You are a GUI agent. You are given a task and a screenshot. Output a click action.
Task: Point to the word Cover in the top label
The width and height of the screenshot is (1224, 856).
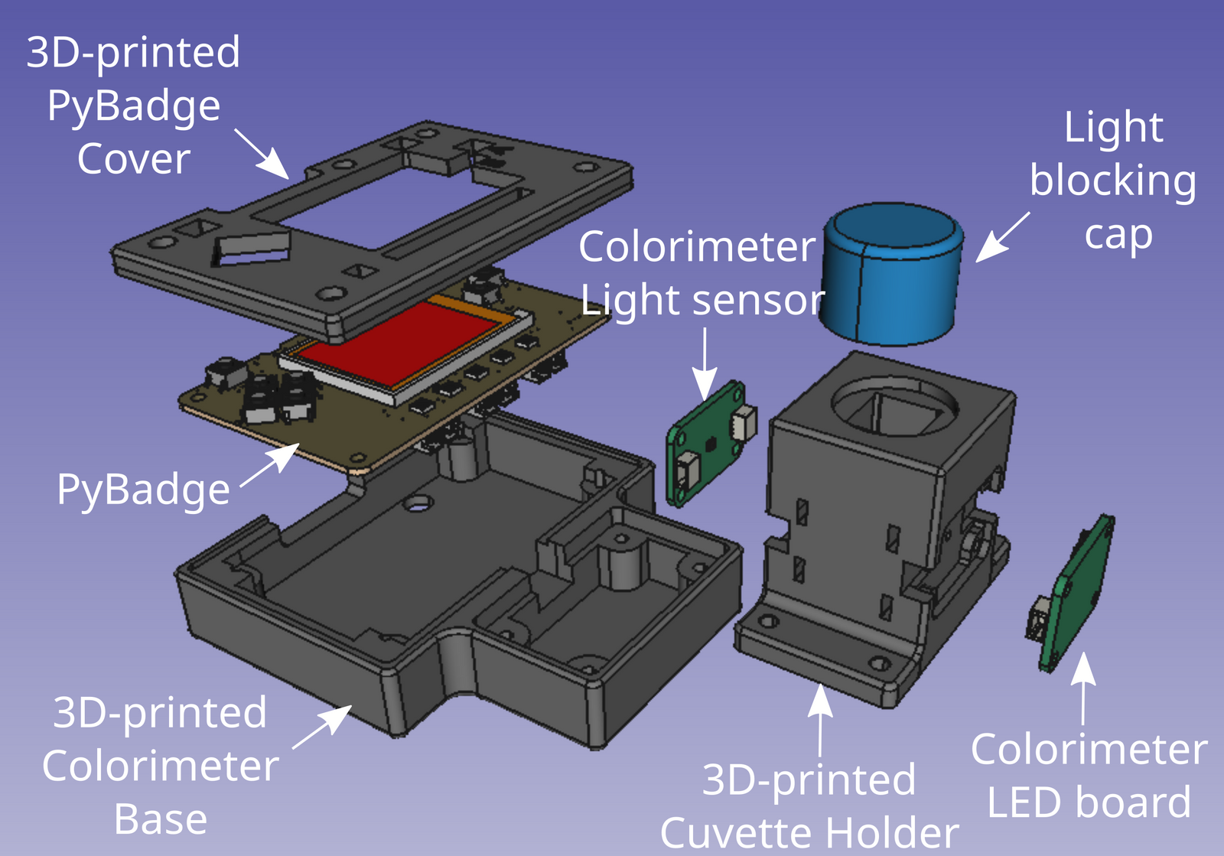click(134, 159)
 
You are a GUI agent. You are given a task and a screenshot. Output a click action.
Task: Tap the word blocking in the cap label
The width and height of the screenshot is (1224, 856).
click(1113, 181)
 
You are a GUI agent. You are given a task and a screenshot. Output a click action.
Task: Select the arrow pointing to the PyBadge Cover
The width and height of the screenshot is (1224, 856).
click(260, 153)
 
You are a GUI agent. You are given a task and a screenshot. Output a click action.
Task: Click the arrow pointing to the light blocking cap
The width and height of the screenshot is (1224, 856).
click(1002, 237)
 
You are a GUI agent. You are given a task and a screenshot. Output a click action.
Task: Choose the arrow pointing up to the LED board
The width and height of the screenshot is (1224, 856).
click(1082, 688)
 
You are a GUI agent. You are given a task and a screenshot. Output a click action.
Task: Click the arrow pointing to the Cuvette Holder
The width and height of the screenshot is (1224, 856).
click(820, 719)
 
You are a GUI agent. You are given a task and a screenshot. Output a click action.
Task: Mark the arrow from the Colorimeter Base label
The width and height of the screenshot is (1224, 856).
click(321, 727)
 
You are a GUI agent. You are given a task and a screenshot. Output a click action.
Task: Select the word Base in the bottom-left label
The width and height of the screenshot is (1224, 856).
click(161, 820)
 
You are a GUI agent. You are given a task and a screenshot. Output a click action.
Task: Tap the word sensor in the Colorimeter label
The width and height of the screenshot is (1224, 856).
click(765, 300)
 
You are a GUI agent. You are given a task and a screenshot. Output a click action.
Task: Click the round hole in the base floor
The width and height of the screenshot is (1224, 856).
click(418, 504)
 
